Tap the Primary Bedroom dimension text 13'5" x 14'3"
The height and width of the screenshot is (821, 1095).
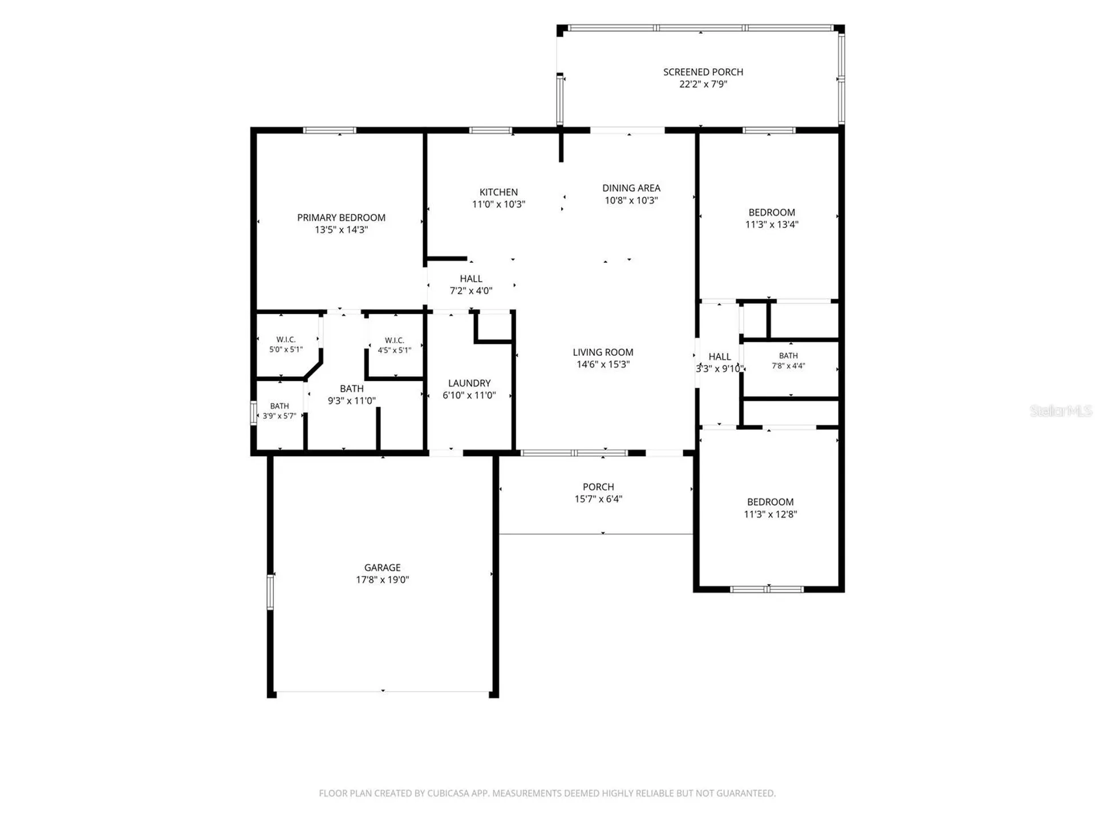(341, 230)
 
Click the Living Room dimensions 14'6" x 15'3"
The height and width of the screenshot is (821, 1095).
(603, 364)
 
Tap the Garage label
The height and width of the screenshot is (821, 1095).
(382, 567)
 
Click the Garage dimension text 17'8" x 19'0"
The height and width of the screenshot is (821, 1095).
(382, 580)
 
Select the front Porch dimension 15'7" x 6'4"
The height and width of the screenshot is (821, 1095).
(598, 499)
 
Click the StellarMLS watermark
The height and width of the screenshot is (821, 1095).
(1061, 410)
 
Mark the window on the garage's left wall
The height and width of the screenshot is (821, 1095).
(270, 592)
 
